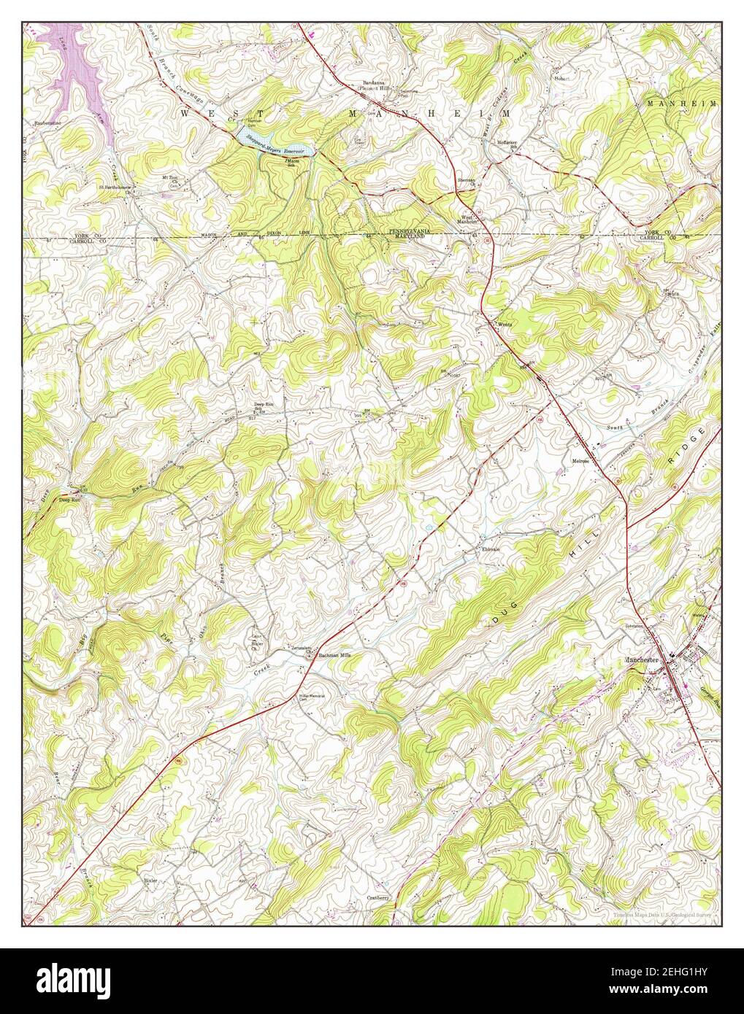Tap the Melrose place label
pos(580,461)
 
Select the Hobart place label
pos(561,77)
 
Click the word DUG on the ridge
pos(499,619)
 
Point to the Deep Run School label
pos(263,406)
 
